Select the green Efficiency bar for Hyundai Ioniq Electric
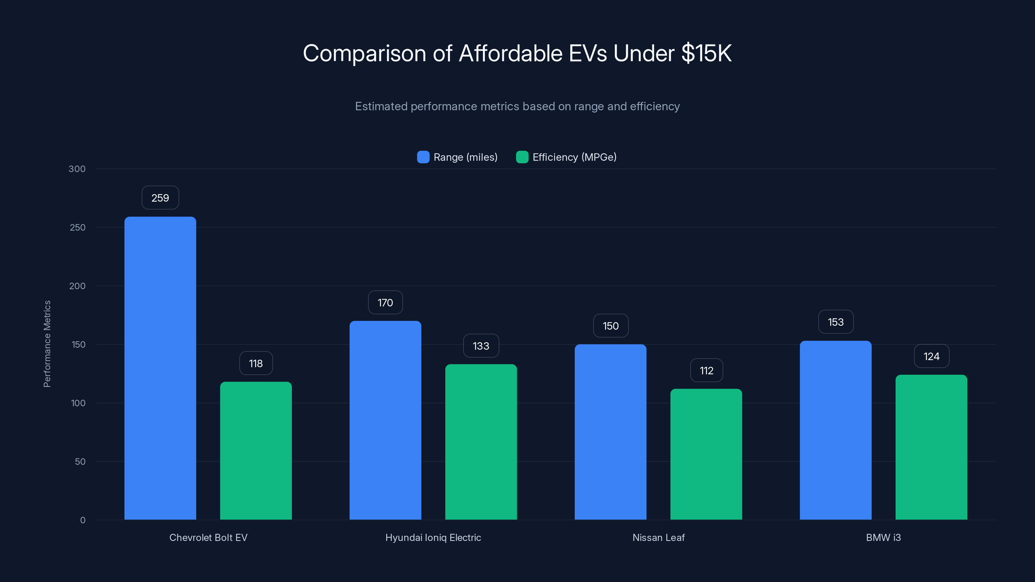tap(481, 442)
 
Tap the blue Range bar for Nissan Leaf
tap(610, 432)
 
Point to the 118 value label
tap(256, 363)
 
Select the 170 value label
tap(385, 302)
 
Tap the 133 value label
tap(481, 346)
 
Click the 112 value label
tap(706, 370)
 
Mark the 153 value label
tap(836, 322)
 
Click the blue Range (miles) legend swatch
tap(423, 157)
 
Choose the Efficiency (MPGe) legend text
tap(574, 157)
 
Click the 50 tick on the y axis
tap(80, 461)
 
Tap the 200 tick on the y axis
tap(77, 286)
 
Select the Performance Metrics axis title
tap(47, 344)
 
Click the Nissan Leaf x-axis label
tap(658, 537)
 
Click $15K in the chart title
tap(706, 53)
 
